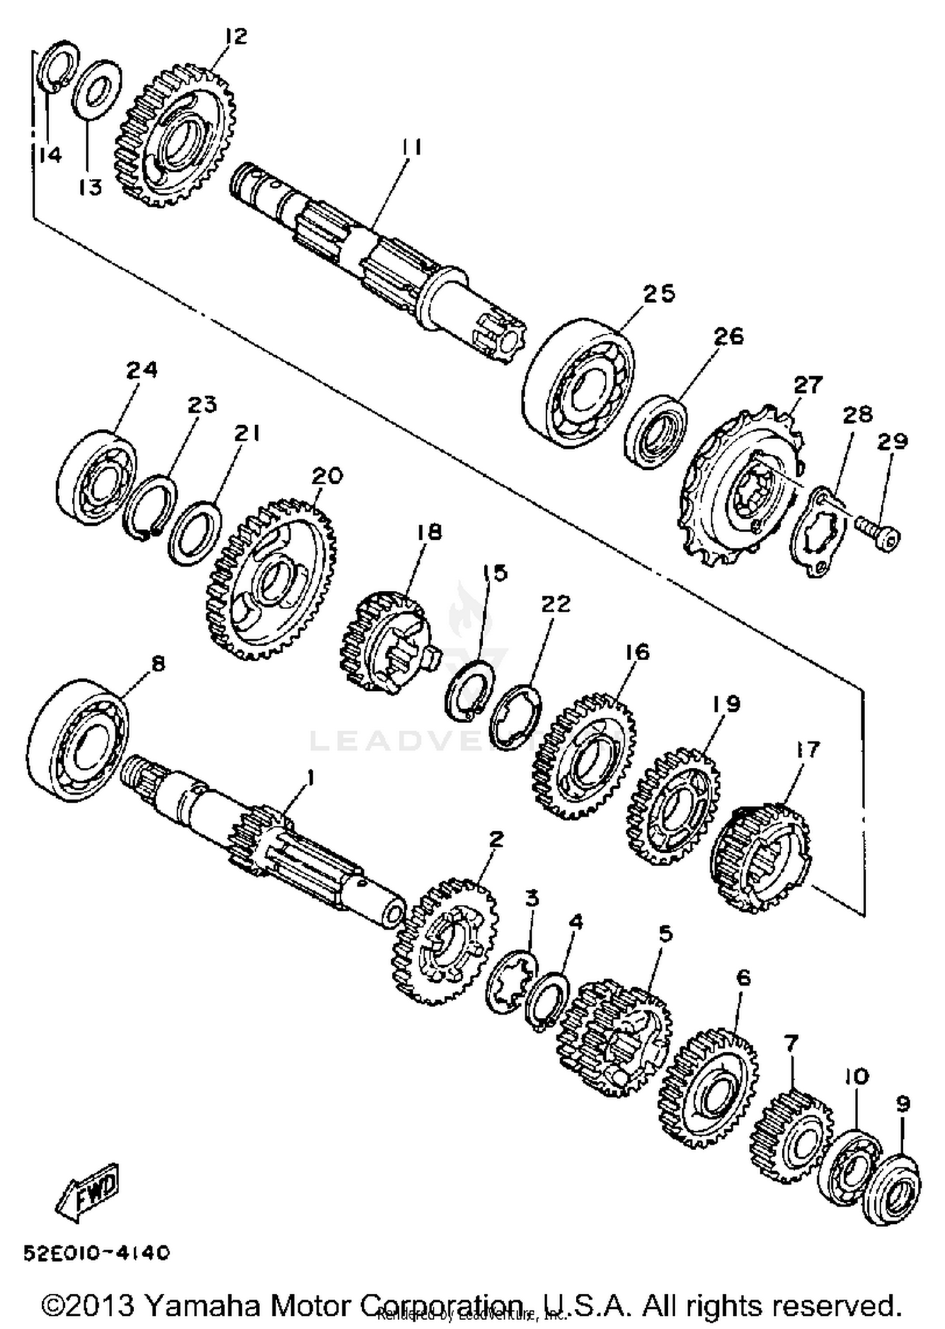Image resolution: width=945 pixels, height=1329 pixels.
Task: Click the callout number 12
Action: pos(235,37)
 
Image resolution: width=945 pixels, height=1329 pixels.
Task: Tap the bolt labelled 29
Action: pos(879,536)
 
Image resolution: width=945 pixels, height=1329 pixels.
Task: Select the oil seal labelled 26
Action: pos(655,432)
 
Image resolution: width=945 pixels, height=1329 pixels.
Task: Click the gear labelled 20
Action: pos(271,579)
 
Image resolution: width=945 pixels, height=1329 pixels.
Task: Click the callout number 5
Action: pos(665,933)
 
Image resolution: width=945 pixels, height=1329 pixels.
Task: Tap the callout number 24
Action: pos(142,370)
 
